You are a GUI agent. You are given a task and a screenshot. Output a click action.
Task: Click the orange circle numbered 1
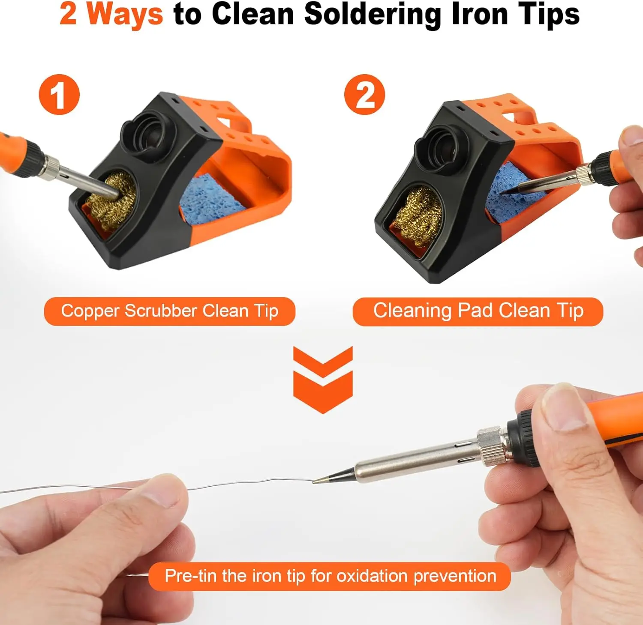click(x=59, y=94)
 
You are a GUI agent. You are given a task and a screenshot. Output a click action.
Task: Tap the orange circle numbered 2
click(x=364, y=94)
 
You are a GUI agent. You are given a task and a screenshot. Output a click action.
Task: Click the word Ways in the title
click(x=125, y=14)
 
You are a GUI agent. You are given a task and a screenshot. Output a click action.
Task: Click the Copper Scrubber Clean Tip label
click(x=169, y=311)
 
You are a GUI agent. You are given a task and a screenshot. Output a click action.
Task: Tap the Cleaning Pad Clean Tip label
click(x=478, y=311)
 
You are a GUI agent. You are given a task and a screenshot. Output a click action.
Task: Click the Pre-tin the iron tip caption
click(x=330, y=576)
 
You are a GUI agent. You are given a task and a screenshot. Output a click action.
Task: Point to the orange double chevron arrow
click(x=323, y=379)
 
